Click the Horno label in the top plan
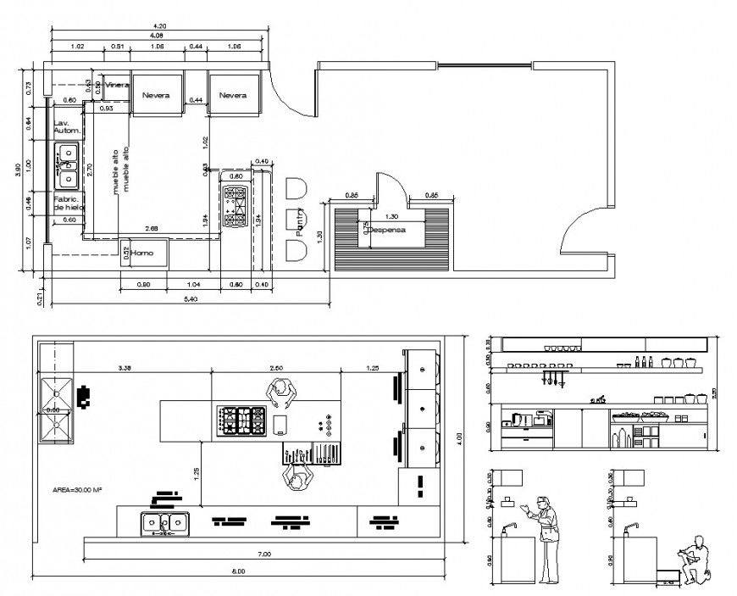click(141, 252)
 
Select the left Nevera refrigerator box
click(156, 95)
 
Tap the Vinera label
click(116, 86)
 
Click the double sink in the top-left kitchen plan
click(67, 166)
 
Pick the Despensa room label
click(388, 229)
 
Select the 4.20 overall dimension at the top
click(158, 27)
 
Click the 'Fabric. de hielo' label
click(68, 203)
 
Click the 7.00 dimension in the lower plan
click(263, 554)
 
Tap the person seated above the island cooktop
click(280, 392)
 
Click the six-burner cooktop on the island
click(243, 421)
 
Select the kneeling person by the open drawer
click(696, 559)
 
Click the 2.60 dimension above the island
click(276, 368)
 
